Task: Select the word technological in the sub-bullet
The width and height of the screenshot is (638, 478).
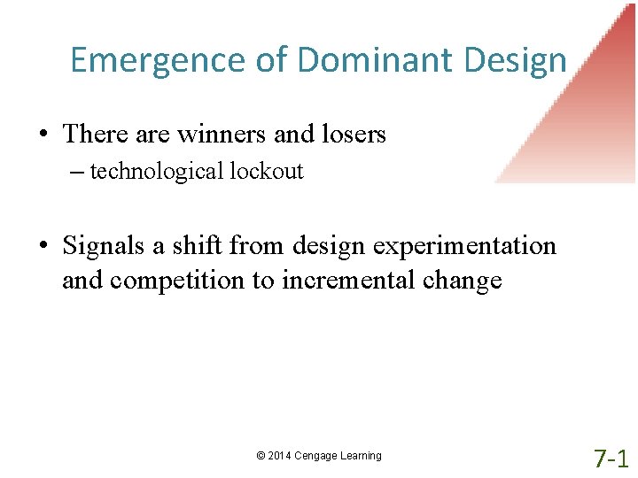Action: pos(158,171)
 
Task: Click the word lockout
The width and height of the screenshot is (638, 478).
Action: pos(266,171)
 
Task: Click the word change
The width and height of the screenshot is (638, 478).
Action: pos(462,281)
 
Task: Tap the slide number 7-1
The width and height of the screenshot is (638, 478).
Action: pos(611,458)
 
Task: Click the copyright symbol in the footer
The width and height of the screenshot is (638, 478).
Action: pos(261,456)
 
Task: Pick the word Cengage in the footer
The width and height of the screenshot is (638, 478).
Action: pos(317,456)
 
